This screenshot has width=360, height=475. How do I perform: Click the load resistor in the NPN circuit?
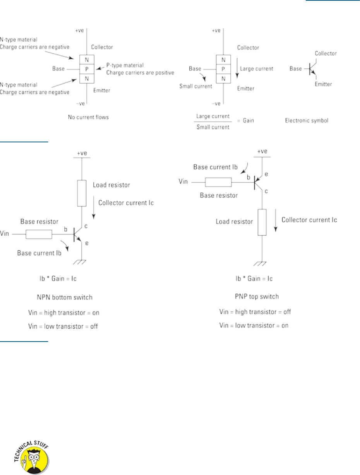[x=82, y=193]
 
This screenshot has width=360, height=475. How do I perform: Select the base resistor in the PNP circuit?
[x=218, y=183]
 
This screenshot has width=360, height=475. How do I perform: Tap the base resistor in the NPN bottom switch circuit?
[x=39, y=234]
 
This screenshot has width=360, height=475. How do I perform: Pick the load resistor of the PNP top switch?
[x=262, y=222]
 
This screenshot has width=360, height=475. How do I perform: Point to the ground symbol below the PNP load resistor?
[x=262, y=264]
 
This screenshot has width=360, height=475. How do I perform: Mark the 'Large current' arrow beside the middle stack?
[x=237, y=69]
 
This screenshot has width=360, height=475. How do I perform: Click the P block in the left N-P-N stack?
[x=87, y=69]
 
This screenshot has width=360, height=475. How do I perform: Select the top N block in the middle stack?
[x=223, y=60]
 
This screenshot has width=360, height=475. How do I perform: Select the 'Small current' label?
[x=195, y=86]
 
